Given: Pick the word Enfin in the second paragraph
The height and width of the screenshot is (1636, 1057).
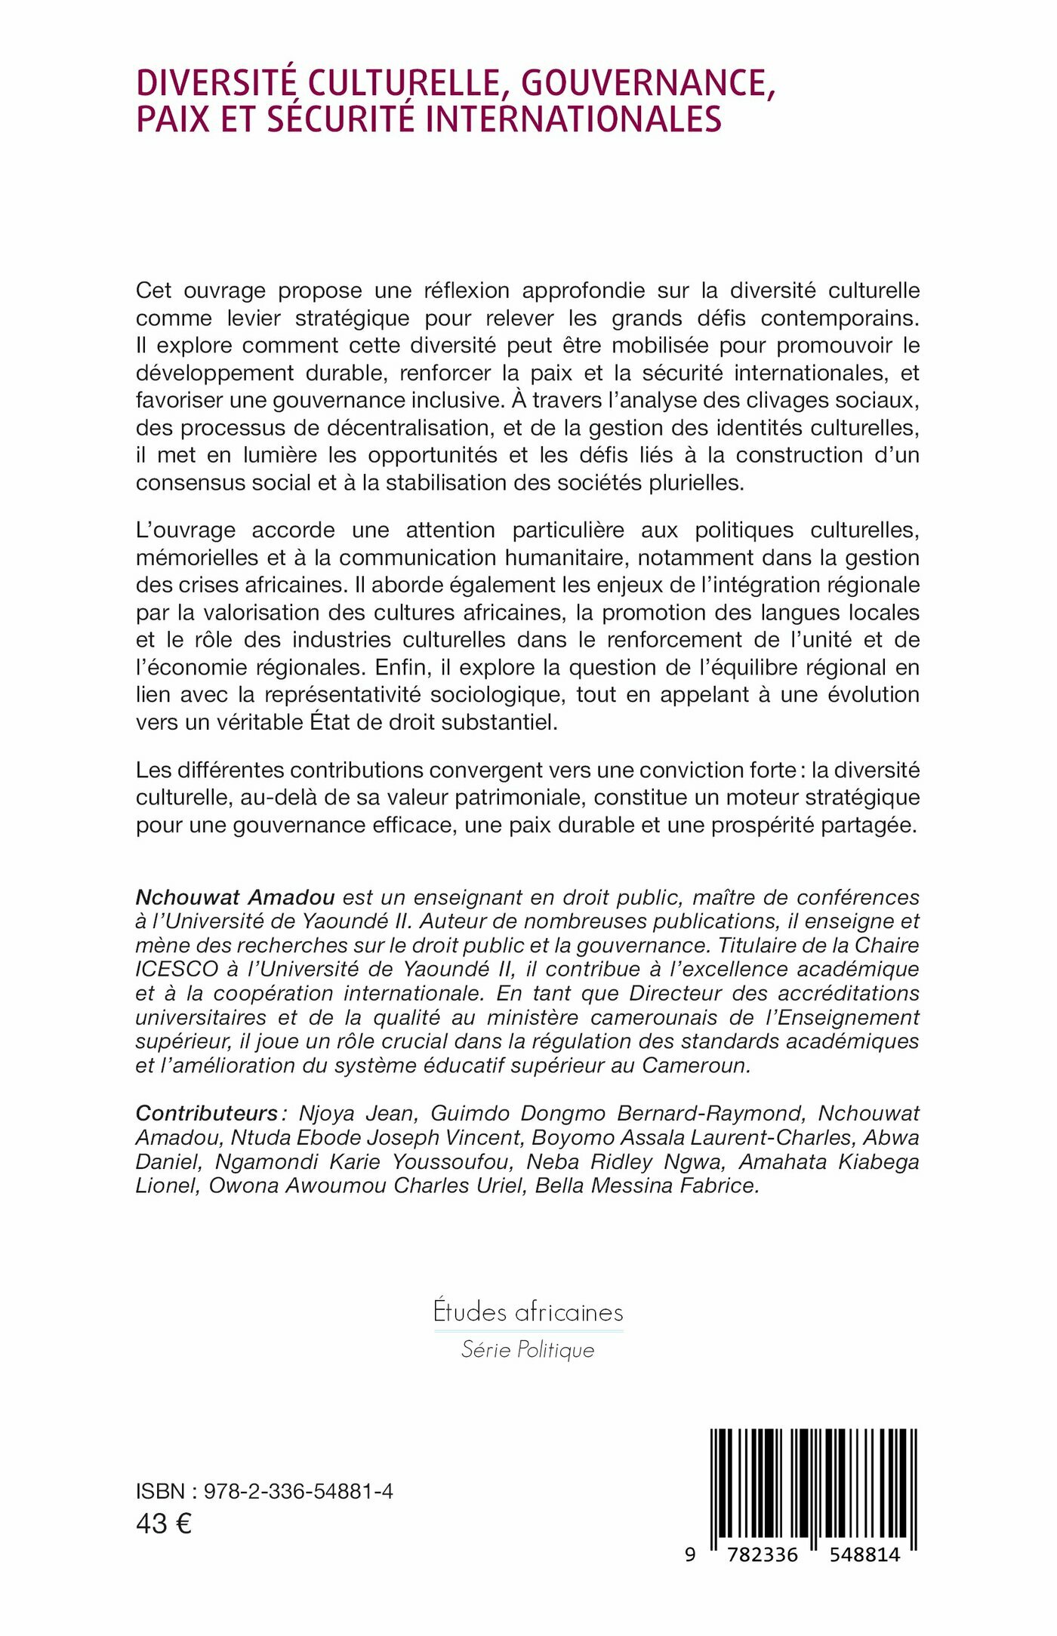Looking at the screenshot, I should click(424, 667).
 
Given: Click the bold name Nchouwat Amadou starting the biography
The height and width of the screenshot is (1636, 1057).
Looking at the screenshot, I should click(235, 897).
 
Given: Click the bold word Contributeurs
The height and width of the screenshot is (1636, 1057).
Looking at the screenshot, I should click(207, 1113).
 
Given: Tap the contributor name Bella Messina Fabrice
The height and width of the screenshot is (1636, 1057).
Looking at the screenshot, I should click(646, 1185).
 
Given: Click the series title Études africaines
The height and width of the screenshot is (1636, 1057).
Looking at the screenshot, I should click(528, 1312).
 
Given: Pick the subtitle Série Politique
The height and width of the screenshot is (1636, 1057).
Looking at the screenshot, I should click(528, 1349).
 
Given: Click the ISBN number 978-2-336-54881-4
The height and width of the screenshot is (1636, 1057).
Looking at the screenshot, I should click(298, 1491).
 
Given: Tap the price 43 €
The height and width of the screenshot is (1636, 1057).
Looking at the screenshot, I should click(163, 1524).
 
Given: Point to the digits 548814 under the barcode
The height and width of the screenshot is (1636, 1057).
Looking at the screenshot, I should click(864, 1555).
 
